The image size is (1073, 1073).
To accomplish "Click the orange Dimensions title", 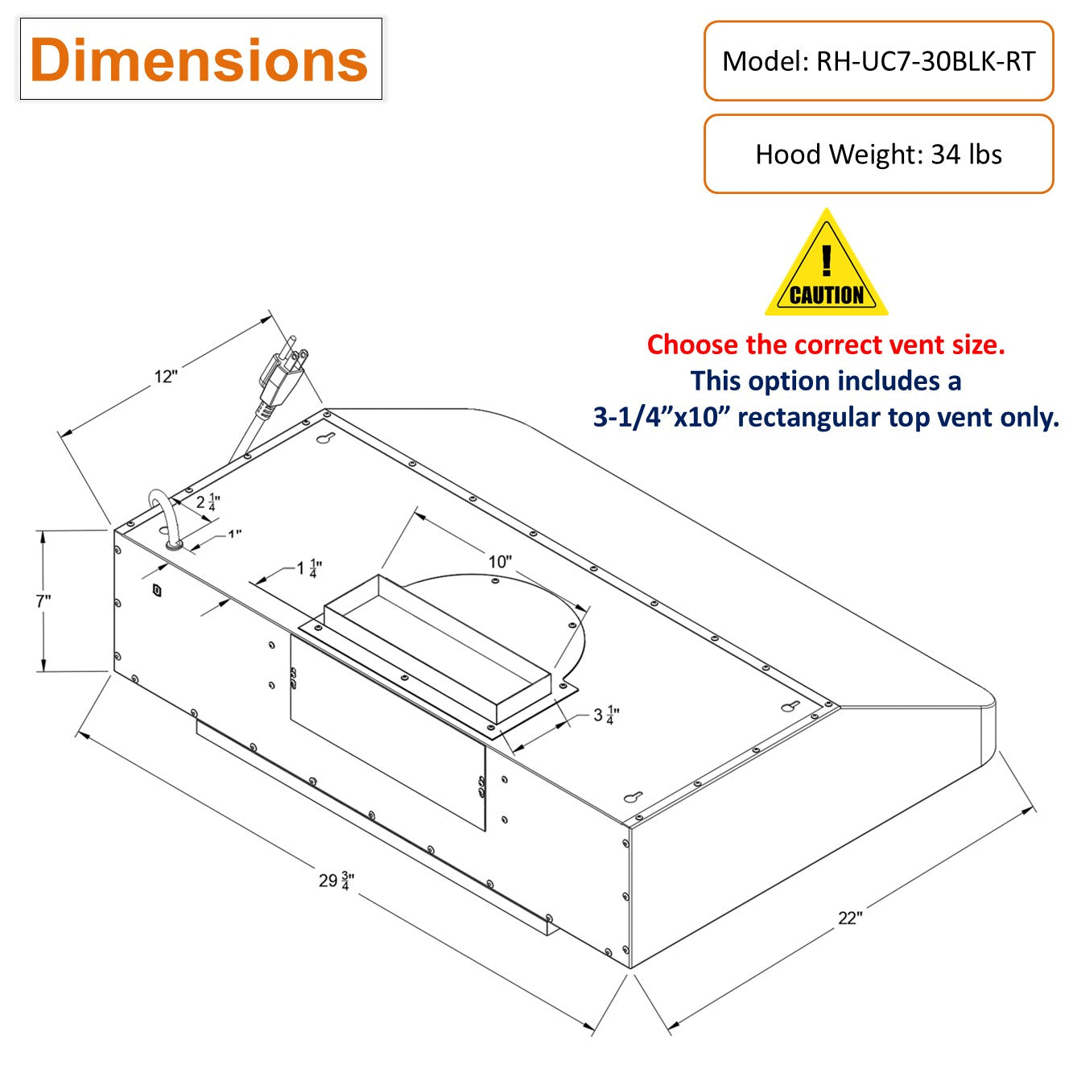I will pos(200,60).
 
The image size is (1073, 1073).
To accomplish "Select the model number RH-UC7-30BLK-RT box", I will pos(878,61).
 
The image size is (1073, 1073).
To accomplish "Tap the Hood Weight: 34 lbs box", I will pos(878,154).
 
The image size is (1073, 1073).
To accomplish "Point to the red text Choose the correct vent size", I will pos(826,345).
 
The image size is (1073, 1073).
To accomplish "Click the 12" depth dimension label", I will pos(166,376).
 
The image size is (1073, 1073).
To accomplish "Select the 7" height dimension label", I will pos(43,600).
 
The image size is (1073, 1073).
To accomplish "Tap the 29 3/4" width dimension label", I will pos(336,880).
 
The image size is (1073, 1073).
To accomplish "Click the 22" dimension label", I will pos(850,918).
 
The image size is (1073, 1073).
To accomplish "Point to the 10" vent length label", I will pos(500,561).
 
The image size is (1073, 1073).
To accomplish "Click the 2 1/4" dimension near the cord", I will pos(208,502).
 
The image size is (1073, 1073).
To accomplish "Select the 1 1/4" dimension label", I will pos(309,568).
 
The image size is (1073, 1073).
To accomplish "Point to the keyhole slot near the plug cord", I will pos(326,440).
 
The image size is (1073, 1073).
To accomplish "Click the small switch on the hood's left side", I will pos(157,590).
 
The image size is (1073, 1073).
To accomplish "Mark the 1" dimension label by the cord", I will pos(234,534).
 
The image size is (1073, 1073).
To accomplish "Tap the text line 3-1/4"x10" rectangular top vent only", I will pos(826,417).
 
